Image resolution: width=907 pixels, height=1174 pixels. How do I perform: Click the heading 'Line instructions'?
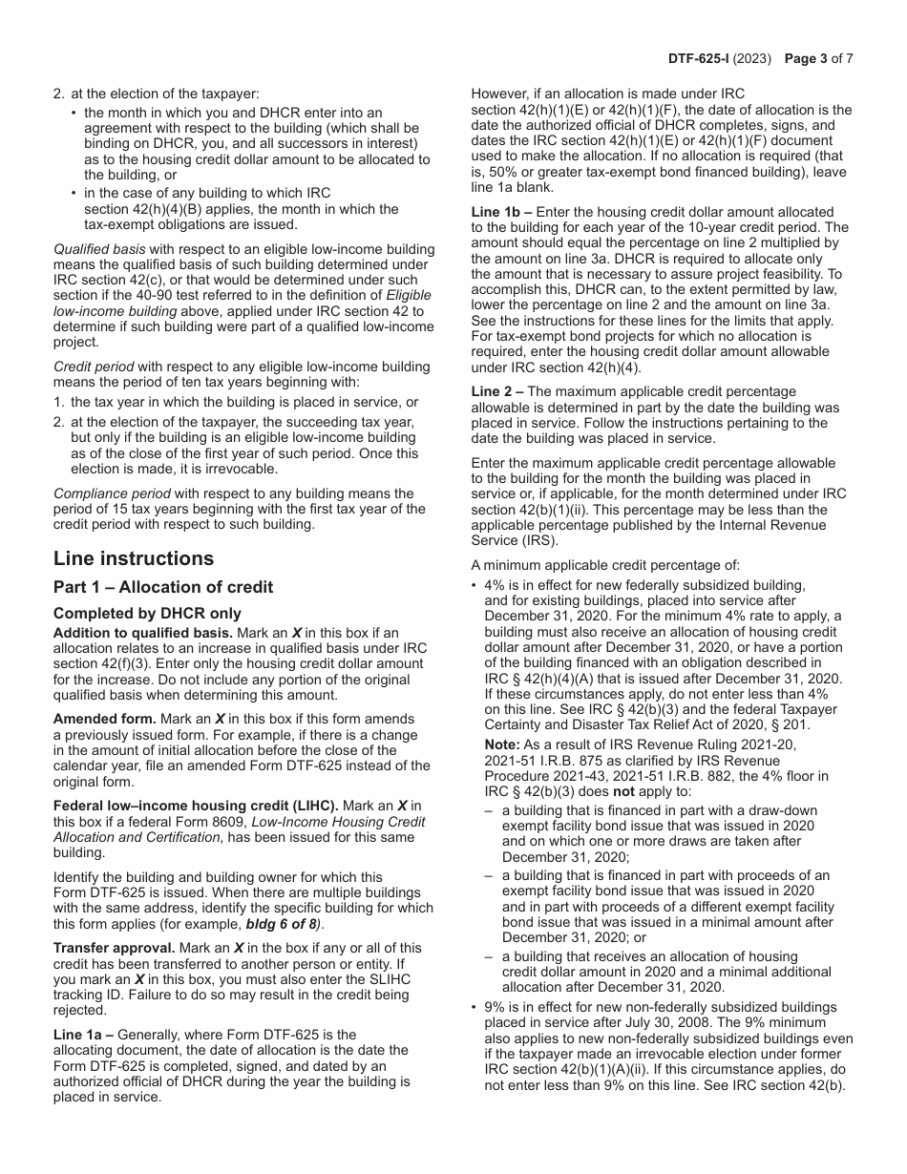click(x=134, y=558)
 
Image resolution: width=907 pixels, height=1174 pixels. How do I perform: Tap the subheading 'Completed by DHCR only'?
click(x=147, y=614)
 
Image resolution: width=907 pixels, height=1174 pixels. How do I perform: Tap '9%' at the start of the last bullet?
click(x=494, y=1007)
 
